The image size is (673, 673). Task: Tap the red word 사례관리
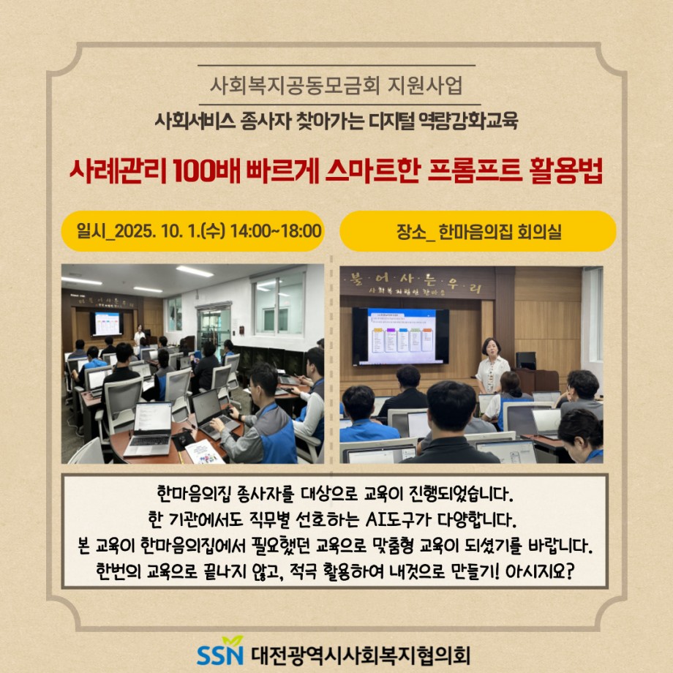click(118, 171)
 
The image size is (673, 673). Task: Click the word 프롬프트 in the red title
click(475, 171)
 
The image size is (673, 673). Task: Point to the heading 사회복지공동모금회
click(295, 85)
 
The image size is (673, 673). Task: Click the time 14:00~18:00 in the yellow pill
click(276, 231)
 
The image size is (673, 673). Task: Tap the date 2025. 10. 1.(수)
click(170, 231)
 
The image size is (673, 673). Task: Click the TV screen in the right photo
click(400, 336)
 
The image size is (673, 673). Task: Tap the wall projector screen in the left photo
click(107, 323)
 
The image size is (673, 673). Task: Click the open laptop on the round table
click(149, 429)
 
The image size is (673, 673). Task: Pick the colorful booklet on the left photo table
click(204, 452)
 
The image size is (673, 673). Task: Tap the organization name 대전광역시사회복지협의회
click(361, 655)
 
